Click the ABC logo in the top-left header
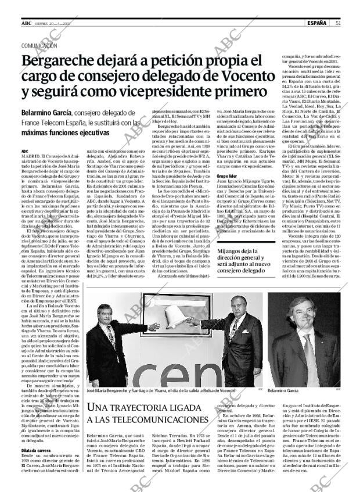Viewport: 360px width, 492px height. click(x=27, y=23)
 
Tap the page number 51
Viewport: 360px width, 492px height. click(x=337, y=23)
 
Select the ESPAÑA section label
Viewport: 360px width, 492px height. click(x=316, y=23)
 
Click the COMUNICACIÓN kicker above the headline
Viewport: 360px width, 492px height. click(x=39, y=45)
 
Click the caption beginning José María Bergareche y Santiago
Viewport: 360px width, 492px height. click(x=160, y=392)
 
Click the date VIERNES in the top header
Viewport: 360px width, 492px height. click(x=44, y=23)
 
